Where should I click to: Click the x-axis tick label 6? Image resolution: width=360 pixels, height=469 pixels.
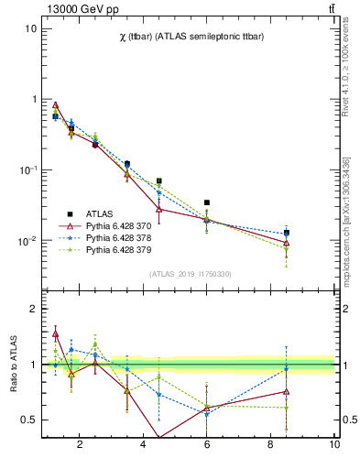point(207,445)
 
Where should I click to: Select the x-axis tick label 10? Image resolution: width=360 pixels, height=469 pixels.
point(334,445)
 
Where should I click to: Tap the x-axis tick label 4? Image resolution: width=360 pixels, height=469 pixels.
point(144,445)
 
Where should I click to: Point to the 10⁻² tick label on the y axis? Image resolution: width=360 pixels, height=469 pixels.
point(28,241)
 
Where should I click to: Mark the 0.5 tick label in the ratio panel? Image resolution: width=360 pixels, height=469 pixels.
point(28,420)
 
